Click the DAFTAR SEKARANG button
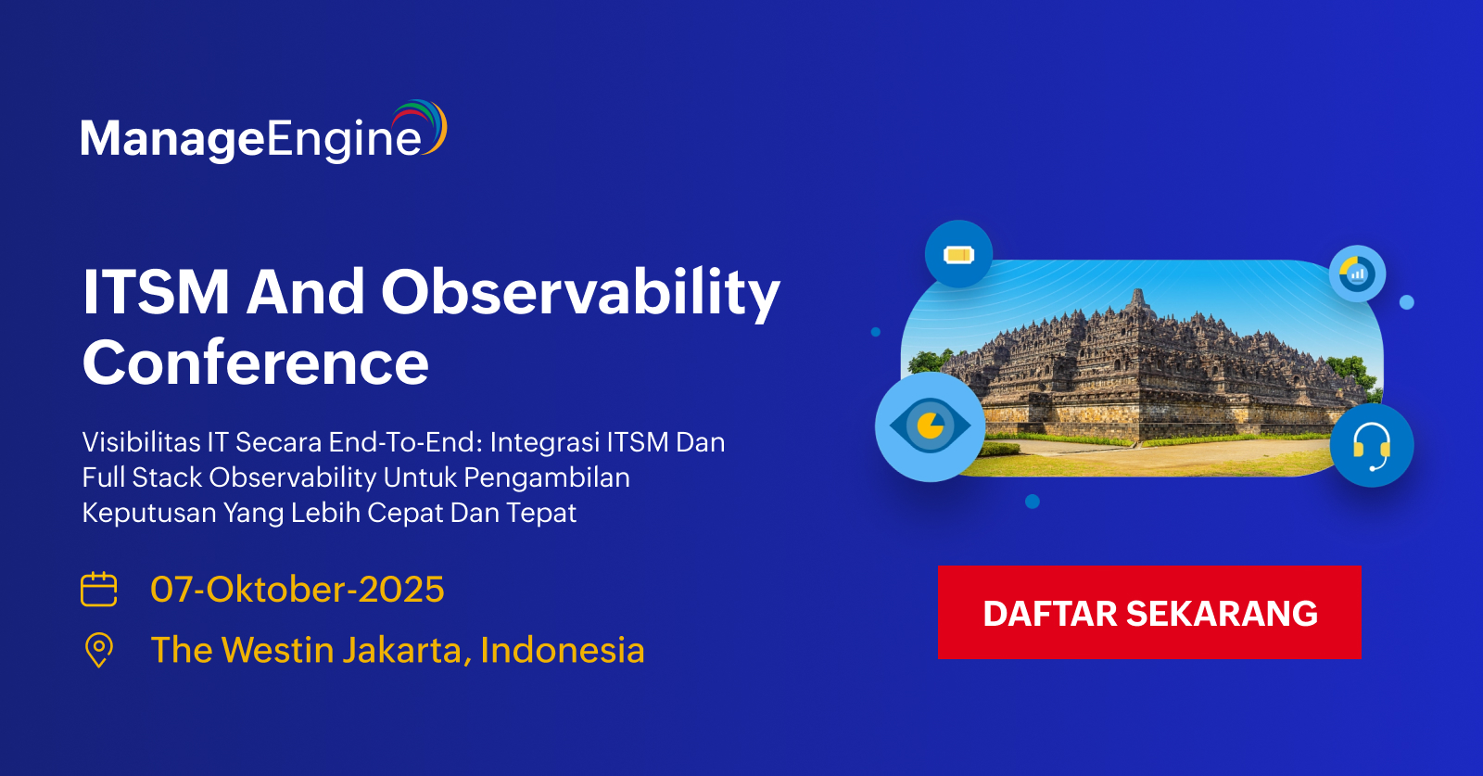(1149, 613)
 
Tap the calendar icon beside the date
(98, 589)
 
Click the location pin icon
(99, 650)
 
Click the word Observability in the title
(580, 293)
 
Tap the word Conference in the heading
(256, 363)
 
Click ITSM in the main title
(156, 292)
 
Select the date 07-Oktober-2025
(298, 589)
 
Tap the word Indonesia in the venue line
(563, 650)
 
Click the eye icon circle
(931, 426)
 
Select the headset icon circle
(1372, 445)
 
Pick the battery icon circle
(958, 254)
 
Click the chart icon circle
(1357, 274)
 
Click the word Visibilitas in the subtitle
(141, 441)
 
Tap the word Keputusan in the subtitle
(149, 513)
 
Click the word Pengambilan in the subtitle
(547, 478)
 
